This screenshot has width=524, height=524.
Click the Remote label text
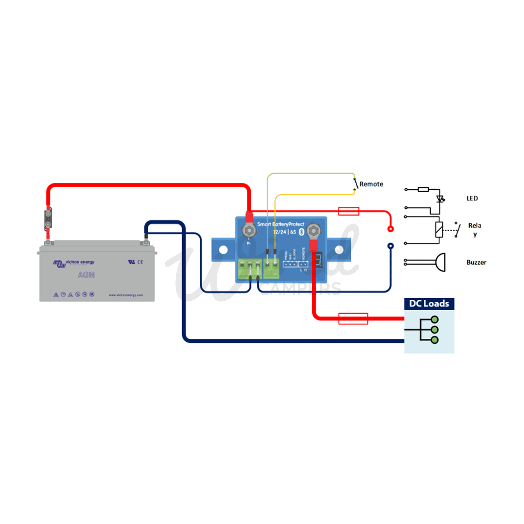point(371,184)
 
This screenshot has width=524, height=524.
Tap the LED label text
point(472,198)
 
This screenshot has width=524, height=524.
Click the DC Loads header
point(429,303)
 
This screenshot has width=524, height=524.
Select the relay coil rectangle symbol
point(439,229)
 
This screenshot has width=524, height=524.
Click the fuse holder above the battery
point(48,219)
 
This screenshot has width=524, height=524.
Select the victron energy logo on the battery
point(74,263)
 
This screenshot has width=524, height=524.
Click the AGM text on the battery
point(86,275)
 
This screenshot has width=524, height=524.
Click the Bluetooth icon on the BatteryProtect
point(301,232)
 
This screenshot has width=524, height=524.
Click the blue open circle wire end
point(390,246)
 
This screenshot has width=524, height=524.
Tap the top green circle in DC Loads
point(435,320)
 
